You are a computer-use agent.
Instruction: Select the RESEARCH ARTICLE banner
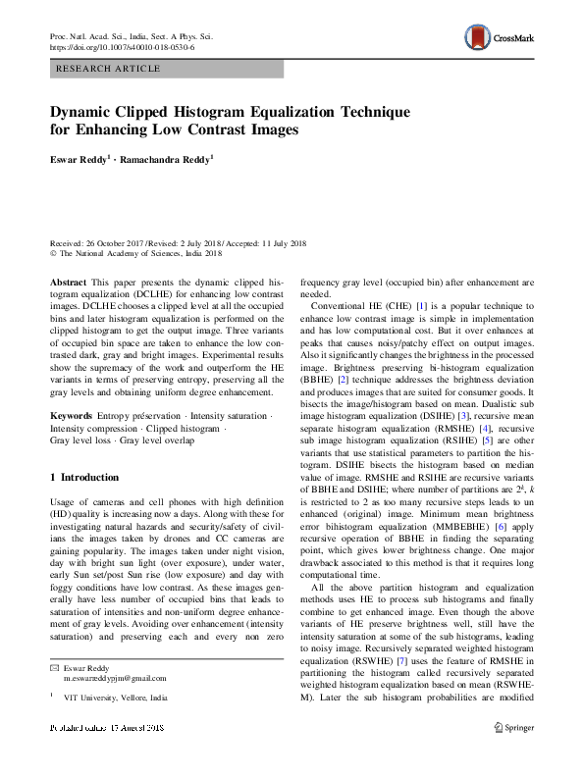[x=166, y=69]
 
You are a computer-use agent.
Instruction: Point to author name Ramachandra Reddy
[x=171, y=157]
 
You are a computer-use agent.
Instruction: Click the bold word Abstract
[x=66, y=280]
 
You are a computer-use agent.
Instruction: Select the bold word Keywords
[x=71, y=416]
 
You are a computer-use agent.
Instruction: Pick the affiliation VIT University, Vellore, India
[x=115, y=697]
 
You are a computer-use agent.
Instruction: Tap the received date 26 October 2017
[x=120, y=242]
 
